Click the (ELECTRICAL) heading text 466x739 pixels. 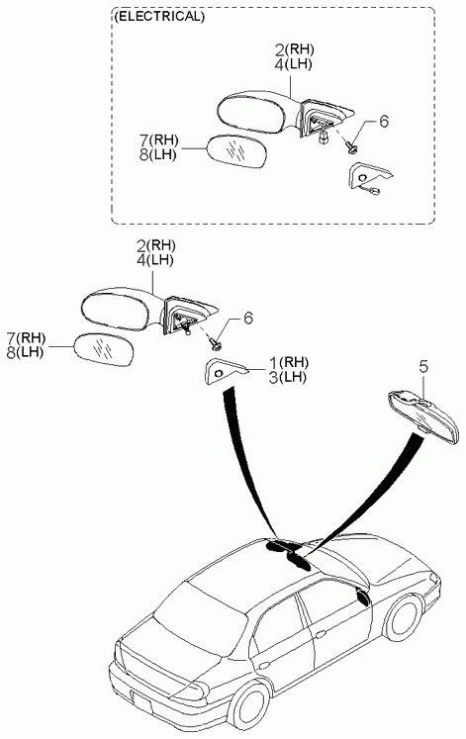tap(159, 17)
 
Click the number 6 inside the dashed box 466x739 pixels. tap(384, 122)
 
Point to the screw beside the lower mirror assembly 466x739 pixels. tap(216, 344)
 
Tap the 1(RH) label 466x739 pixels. tap(288, 362)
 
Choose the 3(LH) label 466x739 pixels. tap(288, 377)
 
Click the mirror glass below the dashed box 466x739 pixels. tap(105, 349)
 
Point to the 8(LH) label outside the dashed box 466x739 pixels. tap(25, 352)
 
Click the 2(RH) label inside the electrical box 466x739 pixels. tap(294, 49)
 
